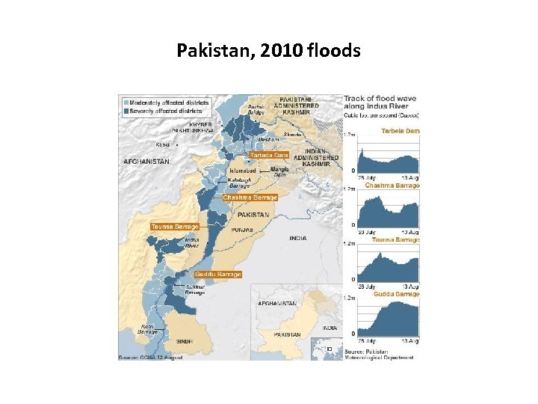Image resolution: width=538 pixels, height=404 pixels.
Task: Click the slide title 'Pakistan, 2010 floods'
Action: pos(269,51)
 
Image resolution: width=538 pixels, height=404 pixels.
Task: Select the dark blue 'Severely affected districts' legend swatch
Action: pos(125,111)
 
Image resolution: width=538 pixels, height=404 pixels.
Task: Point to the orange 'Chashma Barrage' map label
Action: pos(250,198)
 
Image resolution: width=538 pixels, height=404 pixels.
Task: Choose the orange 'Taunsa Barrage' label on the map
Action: pos(175,226)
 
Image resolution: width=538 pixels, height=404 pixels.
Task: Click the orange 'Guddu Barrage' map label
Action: pos(219,275)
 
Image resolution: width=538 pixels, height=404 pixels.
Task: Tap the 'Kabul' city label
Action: pos(163,144)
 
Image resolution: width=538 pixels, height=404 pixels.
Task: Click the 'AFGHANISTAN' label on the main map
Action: pos(146,162)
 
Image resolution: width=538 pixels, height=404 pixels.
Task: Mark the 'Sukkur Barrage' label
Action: pos(194,290)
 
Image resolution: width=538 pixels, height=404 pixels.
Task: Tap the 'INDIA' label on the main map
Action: pos(297,239)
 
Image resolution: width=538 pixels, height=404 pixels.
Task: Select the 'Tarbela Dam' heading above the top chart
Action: pos(401,131)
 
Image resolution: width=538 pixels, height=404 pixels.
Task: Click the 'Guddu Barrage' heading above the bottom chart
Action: pos(397,294)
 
